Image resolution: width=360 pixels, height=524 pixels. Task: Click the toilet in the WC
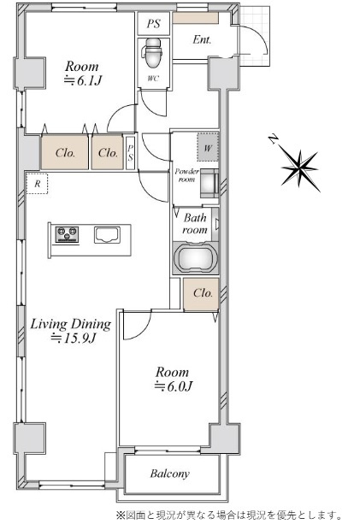pos(153,53)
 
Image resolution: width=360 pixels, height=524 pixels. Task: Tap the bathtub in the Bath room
pos(196,257)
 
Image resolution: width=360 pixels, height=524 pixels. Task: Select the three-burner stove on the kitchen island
pos(68,234)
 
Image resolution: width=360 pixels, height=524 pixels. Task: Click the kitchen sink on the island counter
pos(107,235)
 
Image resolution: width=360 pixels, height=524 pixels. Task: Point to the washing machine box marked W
pos(208,147)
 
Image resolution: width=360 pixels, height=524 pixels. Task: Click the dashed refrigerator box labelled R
pos(37,184)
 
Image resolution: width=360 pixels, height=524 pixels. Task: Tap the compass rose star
pos(300,168)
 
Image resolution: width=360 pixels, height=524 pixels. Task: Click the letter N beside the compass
pos(274,139)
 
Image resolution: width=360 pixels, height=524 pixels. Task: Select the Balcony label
pos(170,474)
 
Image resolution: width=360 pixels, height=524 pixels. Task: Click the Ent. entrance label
pos(202,40)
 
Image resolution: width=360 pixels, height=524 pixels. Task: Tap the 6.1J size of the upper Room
pos(83,80)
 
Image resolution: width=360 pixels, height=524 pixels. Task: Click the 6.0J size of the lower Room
pos(173,386)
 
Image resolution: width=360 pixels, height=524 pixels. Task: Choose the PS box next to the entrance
pos(154,23)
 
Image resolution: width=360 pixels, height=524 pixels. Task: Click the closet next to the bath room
pos(201,294)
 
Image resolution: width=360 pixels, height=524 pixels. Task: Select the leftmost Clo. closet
pos(64,153)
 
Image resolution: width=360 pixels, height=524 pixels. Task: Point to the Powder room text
pos(187,175)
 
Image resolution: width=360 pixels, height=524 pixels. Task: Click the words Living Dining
pos(71,324)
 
